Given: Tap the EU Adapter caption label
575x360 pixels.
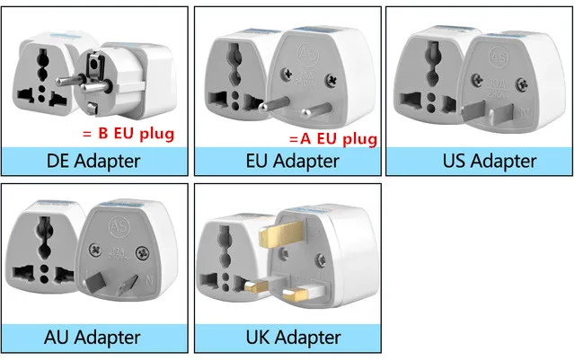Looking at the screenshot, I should point(293,162).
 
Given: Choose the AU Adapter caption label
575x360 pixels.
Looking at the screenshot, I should point(93,338).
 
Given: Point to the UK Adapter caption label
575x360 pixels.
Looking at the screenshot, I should point(293,338).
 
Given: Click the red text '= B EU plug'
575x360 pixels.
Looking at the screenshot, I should point(128,135).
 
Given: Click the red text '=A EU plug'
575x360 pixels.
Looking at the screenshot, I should point(332,139).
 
